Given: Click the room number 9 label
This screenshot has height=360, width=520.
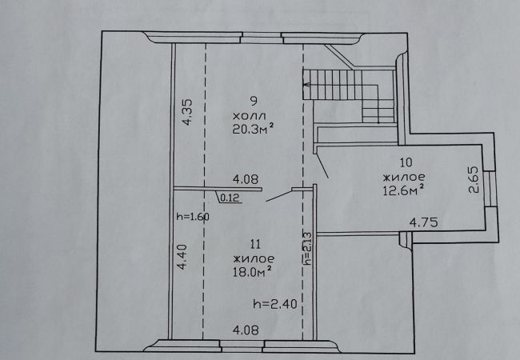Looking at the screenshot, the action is [x=254, y=101].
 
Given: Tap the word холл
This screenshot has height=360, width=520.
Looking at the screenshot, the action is [x=250, y=116].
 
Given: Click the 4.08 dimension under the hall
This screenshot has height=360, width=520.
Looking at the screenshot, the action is [x=246, y=180].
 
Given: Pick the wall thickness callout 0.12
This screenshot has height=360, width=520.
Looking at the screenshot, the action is [x=230, y=198].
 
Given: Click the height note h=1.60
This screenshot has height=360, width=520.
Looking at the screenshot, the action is [x=193, y=217].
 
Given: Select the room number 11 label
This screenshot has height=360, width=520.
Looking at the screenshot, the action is [x=255, y=245].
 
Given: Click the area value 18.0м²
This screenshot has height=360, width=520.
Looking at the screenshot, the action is [x=253, y=272].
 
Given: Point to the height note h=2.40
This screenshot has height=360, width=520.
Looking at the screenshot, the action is [x=275, y=304].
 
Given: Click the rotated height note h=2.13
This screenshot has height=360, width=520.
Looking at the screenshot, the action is [x=307, y=248].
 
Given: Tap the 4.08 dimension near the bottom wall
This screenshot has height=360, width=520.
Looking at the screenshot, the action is [x=246, y=330].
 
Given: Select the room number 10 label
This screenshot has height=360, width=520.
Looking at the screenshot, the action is [x=406, y=162].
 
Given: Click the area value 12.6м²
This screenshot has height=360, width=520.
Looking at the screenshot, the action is [x=403, y=190].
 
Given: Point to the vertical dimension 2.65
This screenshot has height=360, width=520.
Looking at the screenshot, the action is [x=474, y=179].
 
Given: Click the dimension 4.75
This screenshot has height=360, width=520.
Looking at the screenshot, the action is [x=423, y=222].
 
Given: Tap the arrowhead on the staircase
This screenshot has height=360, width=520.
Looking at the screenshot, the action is [x=306, y=85].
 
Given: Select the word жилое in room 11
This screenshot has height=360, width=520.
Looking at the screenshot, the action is [x=254, y=258].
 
